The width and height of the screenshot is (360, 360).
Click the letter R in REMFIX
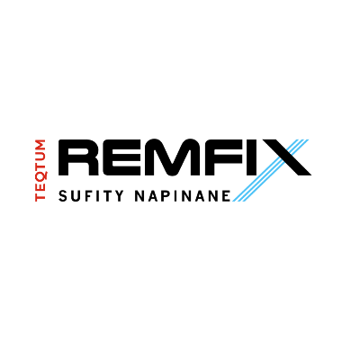tap(78, 157)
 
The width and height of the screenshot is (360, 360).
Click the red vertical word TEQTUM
tap(40, 170)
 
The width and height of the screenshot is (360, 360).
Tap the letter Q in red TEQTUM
tap(40, 175)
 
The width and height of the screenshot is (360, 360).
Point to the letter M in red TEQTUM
tap(40, 144)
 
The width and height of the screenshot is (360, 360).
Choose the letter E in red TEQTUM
tap(40, 185)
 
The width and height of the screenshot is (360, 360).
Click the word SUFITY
tap(91, 195)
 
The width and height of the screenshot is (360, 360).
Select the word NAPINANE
tap(183, 195)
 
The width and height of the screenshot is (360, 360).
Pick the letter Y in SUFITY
tap(119, 195)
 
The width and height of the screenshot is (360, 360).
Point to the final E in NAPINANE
tap(227, 195)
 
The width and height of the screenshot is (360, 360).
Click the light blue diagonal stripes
tap(271, 170)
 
